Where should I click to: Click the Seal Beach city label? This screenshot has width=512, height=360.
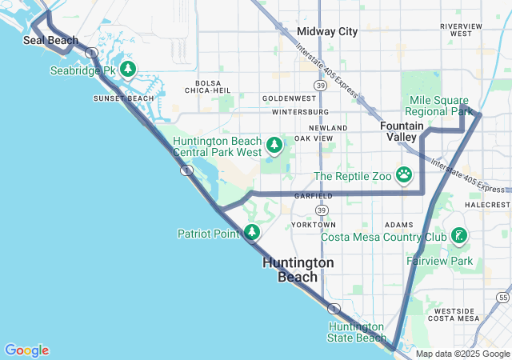(51, 40)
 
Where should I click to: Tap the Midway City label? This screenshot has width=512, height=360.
(327, 31)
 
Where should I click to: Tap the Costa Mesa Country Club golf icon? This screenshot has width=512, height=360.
(459, 237)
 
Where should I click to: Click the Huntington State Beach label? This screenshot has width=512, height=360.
(358, 332)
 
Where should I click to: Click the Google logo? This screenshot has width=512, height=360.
(26, 350)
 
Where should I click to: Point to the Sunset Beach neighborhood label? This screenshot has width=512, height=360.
(123, 98)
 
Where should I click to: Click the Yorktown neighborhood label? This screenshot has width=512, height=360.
(314, 225)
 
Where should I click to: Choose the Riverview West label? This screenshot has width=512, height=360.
(462, 30)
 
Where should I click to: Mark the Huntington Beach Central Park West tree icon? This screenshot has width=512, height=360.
(275, 145)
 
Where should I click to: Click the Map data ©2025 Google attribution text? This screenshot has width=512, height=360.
(462, 354)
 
